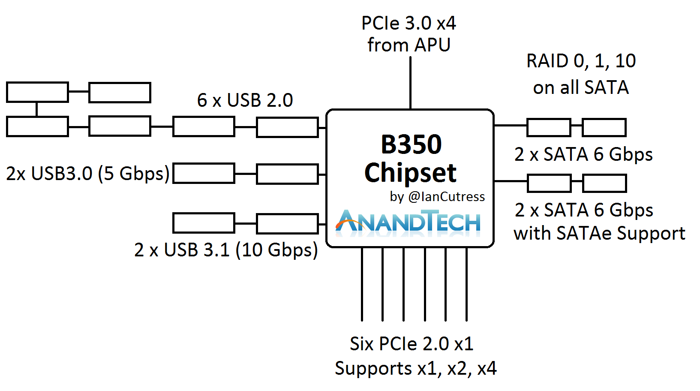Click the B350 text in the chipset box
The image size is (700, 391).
411,144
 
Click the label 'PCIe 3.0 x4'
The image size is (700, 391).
409,23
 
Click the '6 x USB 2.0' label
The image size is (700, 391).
245,100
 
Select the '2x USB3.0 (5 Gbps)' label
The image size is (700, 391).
88,174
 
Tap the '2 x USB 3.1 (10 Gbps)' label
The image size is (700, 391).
226,250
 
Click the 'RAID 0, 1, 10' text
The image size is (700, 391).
581,61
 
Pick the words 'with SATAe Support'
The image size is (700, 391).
599,234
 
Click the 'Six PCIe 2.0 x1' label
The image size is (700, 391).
412,344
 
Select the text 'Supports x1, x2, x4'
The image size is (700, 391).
415,369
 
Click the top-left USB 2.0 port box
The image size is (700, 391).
37,92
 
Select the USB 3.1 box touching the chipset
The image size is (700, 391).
287,223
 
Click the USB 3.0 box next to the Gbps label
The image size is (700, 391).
204,174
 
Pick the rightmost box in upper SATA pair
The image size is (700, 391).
604,127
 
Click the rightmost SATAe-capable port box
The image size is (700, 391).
604,183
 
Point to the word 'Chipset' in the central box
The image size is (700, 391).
411,173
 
